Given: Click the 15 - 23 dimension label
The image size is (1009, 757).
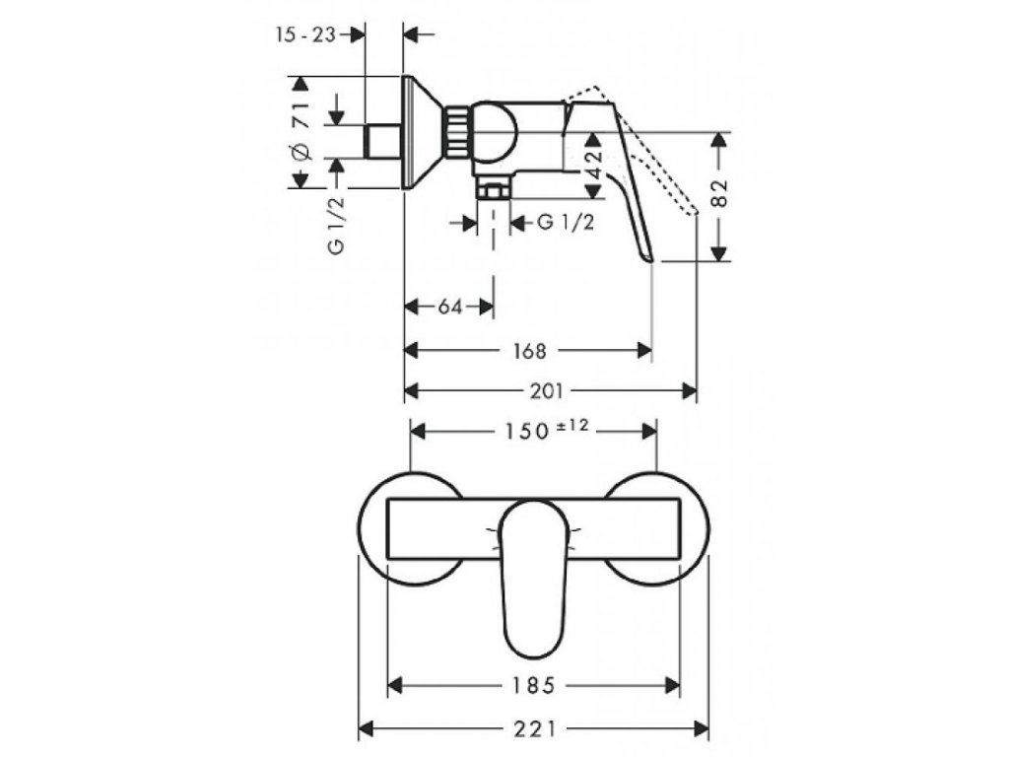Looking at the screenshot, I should pos(306,34).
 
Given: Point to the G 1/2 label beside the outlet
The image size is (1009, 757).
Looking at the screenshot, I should pos(566,223).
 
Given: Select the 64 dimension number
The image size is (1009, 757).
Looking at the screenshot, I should pos(450,307).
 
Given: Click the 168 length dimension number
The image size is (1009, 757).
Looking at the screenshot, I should pos(529,349).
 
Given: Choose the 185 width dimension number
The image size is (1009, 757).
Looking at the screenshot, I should pos(536,683).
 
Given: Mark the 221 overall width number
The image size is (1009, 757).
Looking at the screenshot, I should pos(534,729).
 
